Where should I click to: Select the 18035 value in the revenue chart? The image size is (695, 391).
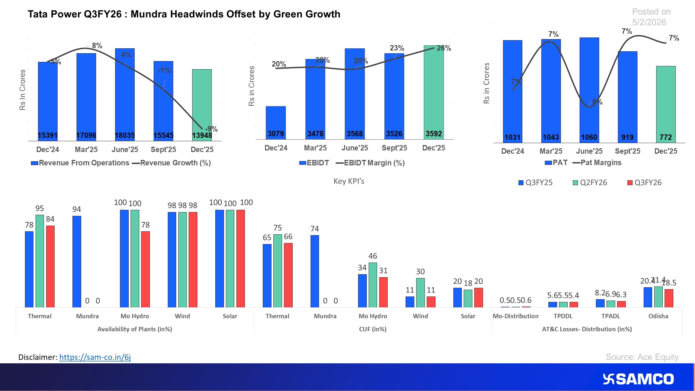click(x=125, y=135)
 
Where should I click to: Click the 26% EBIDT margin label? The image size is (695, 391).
click(x=444, y=48)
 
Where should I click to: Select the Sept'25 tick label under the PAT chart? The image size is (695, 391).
click(x=627, y=151)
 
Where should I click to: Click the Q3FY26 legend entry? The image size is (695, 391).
click(x=645, y=182)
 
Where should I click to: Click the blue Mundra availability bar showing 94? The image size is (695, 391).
click(x=77, y=261)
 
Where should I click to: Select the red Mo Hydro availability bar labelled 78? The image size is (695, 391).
click(x=145, y=269)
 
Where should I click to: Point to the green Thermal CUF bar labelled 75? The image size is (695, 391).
click(x=277, y=270)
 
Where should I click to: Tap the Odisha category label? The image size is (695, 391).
click(x=658, y=316)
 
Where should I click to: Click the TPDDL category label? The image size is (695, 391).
click(x=563, y=316)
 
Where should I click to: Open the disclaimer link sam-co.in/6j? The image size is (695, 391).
click(x=95, y=357)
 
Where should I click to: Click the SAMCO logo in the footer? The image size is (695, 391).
click(x=638, y=379)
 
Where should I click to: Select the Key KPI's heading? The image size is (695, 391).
click(x=349, y=181)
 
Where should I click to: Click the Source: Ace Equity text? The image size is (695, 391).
click(x=642, y=357)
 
